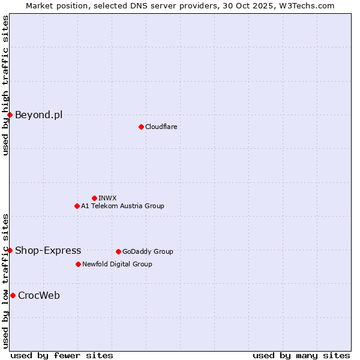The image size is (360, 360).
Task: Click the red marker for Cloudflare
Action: [x=141, y=127]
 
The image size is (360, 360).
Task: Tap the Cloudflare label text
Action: [x=161, y=127]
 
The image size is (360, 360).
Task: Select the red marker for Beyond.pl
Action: [x=10, y=115]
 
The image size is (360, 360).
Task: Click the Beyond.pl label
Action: [x=38, y=115]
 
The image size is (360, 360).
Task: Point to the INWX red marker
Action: [x=94, y=198]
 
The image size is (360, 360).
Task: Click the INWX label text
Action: [x=107, y=198]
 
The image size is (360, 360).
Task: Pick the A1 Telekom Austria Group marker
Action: [x=77, y=206]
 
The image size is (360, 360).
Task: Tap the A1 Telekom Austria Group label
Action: [x=122, y=206]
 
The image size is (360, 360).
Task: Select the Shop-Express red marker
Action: [x=10, y=250]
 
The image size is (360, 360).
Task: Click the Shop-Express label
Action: [x=48, y=250]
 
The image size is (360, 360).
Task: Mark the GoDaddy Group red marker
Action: [x=118, y=251]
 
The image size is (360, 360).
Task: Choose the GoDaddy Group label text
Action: [x=148, y=251]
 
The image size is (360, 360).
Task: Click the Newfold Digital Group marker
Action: [x=78, y=264]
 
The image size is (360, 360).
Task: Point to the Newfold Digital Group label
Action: [x=117, y=264]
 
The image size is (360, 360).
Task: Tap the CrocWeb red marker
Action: [x=13, y=295]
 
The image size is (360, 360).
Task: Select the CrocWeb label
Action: [x=39, y=295]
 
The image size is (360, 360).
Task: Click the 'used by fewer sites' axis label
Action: [x=62, y=355]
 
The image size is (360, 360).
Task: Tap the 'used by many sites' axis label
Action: [x=301, y=355]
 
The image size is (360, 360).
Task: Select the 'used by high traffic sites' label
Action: [x=5, y=85]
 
